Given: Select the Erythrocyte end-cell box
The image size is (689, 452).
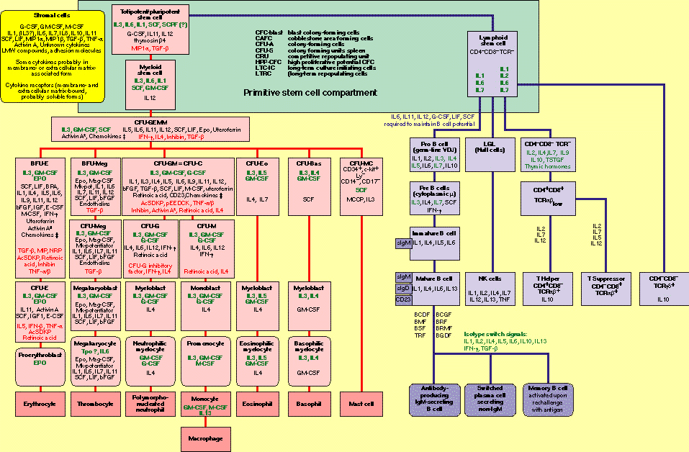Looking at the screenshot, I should (40, 404).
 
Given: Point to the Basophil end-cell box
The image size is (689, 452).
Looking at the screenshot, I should (308, 404).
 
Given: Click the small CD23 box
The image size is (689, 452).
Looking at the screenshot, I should (403, 299).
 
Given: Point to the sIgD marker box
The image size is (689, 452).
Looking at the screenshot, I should (403, 288).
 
